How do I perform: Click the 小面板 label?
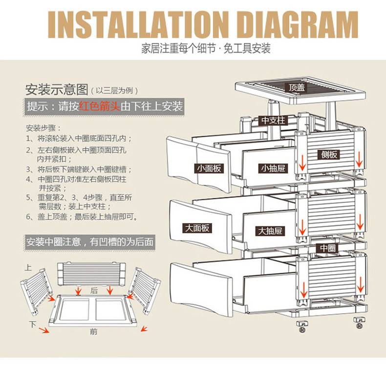click(210, 169)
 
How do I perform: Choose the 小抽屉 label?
click(273, 169)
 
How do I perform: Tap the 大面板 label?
click(197, 228)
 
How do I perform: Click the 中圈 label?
click(328, 248)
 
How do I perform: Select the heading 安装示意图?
click(57, 90)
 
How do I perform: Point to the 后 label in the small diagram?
click(94, 290)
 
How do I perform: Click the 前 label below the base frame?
click(93, 332)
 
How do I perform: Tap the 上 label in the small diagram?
click(28, 268)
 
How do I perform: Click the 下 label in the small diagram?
click(32, 324)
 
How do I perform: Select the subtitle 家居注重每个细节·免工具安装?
click(205, 49)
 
